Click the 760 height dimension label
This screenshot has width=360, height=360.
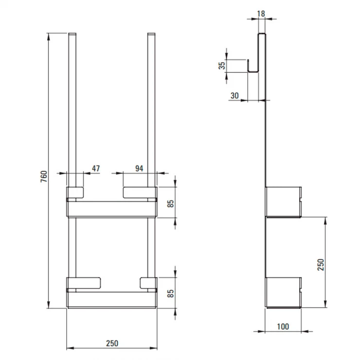tap(44, 176)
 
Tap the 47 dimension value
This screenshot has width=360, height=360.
tap(96, 168)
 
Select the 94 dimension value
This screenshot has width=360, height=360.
tap(139, 168)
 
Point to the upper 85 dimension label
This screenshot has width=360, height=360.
tap(171, 204)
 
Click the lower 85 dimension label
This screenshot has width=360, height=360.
tap(171, 293)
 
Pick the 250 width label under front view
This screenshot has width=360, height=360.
tap(112, 343)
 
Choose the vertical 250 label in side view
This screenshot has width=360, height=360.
tap(321, 265)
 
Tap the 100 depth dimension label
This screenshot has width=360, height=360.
tap(283, 326)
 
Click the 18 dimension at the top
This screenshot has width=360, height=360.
tap(261, 14)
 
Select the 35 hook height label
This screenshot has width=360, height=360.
tap(222, 66)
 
